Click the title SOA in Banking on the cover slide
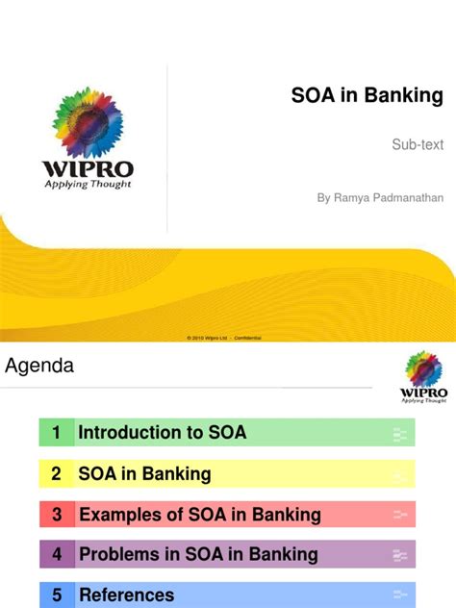(x=367, y=96)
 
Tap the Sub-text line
(x=418, y=145)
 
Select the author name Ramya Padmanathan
(x=380, y=197)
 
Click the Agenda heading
(x=39, y=366)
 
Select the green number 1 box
(x=57, y=433)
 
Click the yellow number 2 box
(x=57, y=474)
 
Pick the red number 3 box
(x=57, y=516)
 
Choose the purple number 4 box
(x=57, y=554)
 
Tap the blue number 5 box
(x=57, y=595)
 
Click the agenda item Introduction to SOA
(x=163, y=433)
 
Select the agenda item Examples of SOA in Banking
(x=200, y=516)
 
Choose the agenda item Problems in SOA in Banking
(x=198, y=554)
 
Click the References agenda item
(x=127, y=595)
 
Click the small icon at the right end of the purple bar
(x=400, y=555)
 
